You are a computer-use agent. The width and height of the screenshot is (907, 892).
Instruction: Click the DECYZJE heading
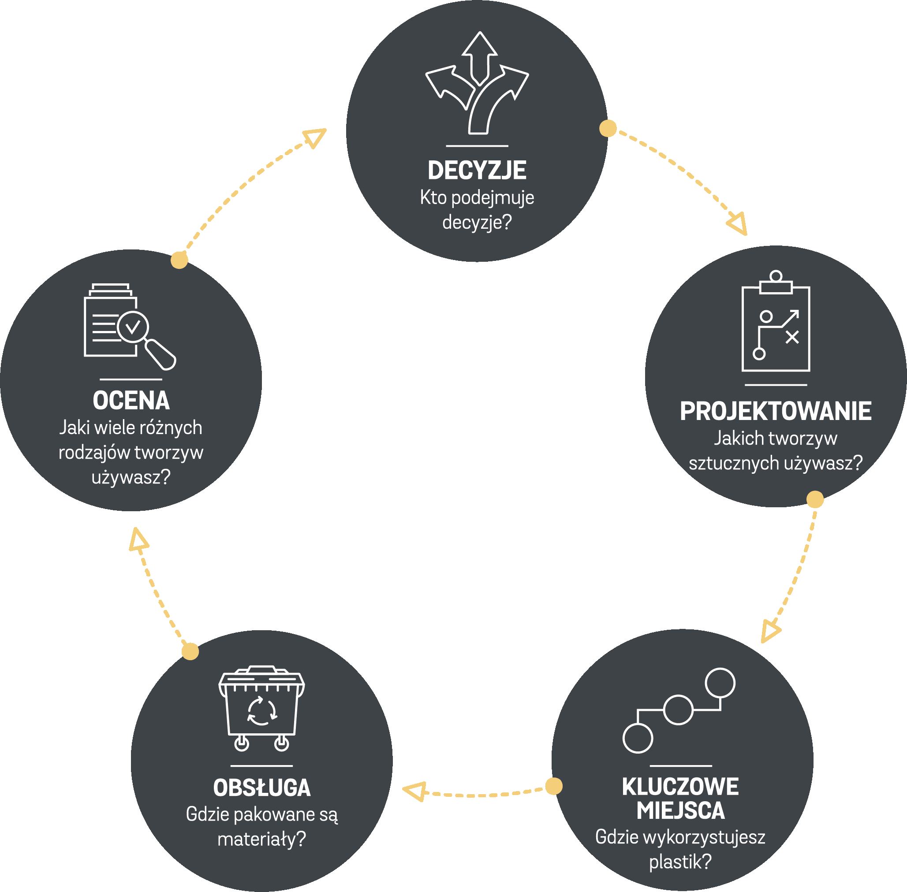pyautogui.click(x=477, y=171)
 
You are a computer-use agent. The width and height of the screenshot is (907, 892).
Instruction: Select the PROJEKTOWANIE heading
pyautogui.click(x=775, y=411)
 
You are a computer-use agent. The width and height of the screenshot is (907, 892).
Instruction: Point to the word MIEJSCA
pyautogui.click(x=681, y=810)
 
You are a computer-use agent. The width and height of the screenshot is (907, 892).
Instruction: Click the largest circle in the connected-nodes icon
pyautogui.click(x=720, y=684)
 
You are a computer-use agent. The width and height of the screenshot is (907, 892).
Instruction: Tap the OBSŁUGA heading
pyautogui.click(x=261, y=788)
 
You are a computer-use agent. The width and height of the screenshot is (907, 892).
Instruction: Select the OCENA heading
pyautogui.click(x=131, y=401)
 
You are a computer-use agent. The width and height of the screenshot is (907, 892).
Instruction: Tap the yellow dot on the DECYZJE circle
pyautogui.click(x=608, y=128)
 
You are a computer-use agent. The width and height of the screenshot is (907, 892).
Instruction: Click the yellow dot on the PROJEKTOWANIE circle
pyautogui.click(x=815, y=499)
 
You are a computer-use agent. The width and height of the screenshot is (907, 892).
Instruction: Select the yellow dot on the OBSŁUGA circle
pyautogui.click(x=190, y=652)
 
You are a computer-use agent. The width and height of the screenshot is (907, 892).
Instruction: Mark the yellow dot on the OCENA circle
pyautogui.click(x=179, y=260)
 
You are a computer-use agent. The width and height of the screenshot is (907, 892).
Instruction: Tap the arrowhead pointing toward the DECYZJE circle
pyautogui.click(x=315, y=137)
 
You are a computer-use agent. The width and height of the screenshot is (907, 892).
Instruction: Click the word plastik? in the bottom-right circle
pyautogui.click(x=681, y=862)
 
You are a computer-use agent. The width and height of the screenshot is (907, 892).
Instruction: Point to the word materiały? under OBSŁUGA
pyautogui.click(x=261, y=839)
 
